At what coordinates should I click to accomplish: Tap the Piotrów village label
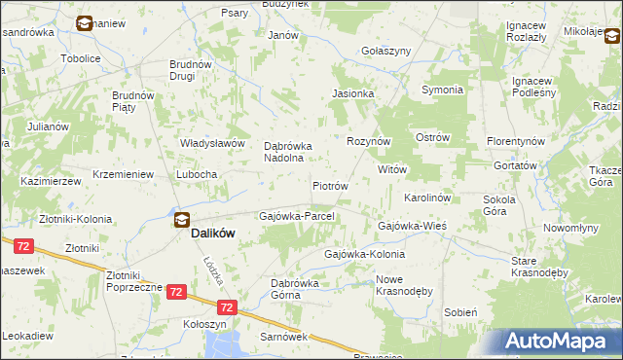point(330,185)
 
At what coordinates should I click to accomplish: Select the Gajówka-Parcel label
point(297,215)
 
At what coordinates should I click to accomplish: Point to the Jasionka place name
point(352,93)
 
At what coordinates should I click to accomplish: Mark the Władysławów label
point(211,143)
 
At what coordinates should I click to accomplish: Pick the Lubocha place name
point(197,174)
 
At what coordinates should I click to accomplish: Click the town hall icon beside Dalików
point(182,219)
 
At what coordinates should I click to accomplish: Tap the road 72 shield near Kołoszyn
point(176,291)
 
